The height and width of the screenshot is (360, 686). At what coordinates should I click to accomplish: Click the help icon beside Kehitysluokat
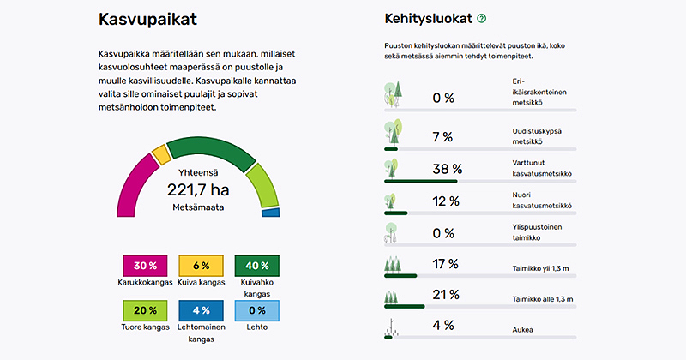click(482, 18)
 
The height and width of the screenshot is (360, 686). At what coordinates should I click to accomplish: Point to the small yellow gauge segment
click(160, 153)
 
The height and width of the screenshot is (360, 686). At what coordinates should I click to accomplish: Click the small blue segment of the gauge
click(270, 212)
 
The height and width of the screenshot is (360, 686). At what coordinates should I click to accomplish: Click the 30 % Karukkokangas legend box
click(146, 266)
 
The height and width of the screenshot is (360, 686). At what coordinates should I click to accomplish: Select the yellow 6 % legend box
click(201, 266)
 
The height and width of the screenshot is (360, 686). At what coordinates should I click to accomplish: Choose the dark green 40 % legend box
click(257, 266)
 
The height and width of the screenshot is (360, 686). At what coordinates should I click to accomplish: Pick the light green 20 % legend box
click(146, 311)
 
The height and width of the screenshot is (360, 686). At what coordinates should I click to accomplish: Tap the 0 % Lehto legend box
click(257, 311)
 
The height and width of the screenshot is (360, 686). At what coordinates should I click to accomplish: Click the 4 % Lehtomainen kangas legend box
click(201, 311)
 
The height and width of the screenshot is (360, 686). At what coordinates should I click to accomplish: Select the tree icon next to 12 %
click(393, 202)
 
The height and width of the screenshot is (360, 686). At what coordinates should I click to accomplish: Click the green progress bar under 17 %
click(400, 275)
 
